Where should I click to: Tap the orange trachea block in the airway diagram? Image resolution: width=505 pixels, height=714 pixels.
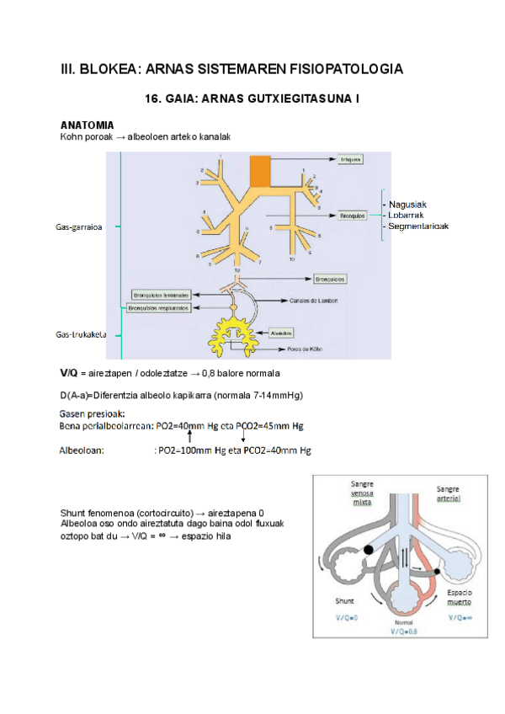pyautogui.click(x=259, y=170)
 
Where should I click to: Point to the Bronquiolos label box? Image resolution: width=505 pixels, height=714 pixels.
pyautogui.click(x=330, y=278)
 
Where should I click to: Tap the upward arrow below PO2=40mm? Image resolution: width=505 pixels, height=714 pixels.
pyautogui.click(x=189, y=437)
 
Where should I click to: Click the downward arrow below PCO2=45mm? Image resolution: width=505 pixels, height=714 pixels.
pyautogui.click(x=242, y=437)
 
